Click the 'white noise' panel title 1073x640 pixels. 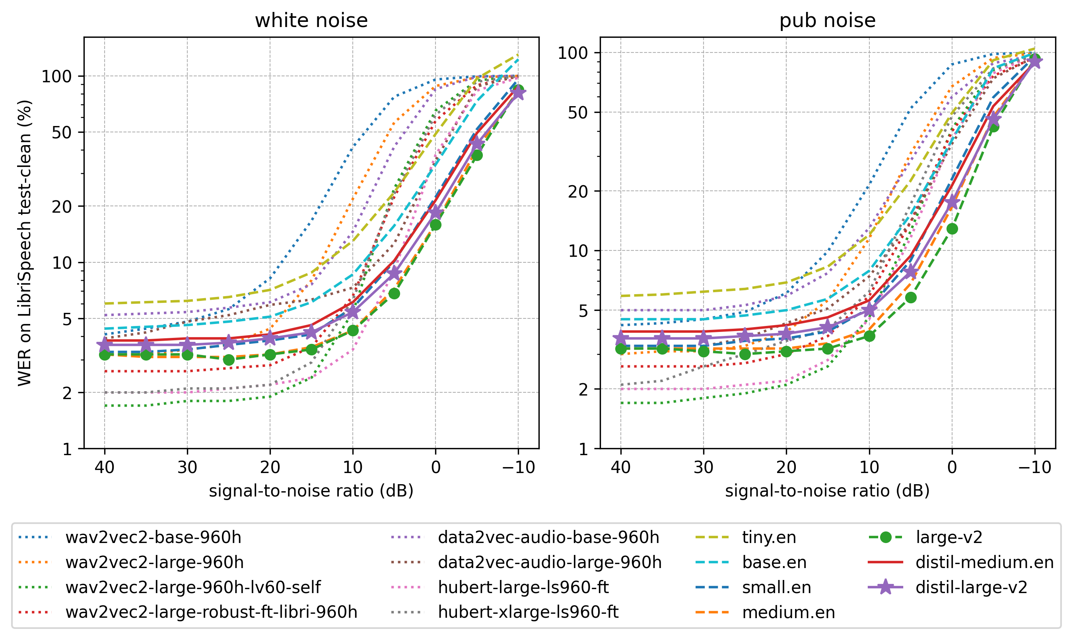311,20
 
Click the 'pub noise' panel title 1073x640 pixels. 827,20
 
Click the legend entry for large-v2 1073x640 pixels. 949,537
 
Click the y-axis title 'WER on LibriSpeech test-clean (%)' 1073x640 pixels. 25,243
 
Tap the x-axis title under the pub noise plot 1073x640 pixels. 827,491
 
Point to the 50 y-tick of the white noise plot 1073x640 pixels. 61,132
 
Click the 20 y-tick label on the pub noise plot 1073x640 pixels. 578,191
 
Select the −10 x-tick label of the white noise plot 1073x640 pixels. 518,467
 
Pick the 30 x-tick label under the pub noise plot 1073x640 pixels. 703,467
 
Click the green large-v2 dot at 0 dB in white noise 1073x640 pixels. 435,225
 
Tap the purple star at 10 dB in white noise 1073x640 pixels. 353,311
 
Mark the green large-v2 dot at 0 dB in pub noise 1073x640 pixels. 952,229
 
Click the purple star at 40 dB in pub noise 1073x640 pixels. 621,339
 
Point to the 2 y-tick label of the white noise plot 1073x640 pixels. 67,392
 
